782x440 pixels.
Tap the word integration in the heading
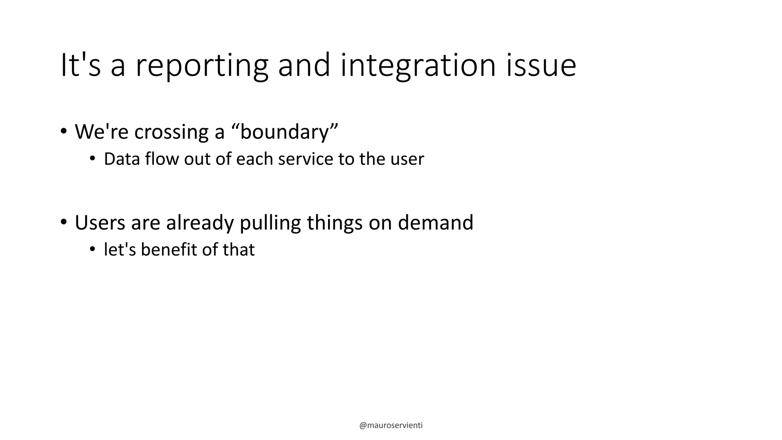click(x=418, y=66)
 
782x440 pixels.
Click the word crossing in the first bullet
click(x=171, y=132)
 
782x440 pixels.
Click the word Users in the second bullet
click(x=100, y=222)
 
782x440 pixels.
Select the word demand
click(x=435, y=222)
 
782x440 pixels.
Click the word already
click(x=200, y=223)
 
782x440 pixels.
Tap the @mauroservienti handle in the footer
click(x=391, y=425)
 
